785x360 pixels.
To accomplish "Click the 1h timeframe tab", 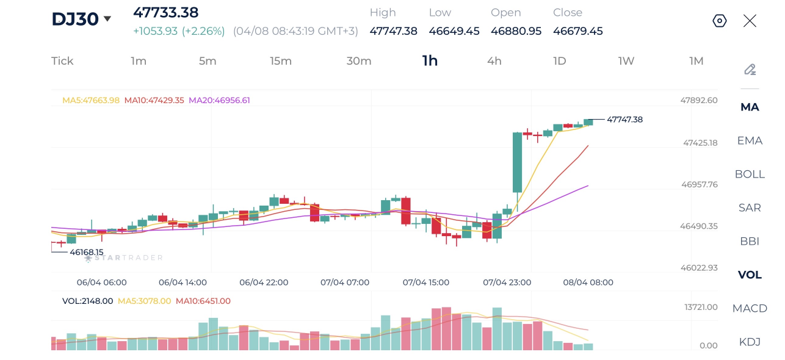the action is (x=430, y=61).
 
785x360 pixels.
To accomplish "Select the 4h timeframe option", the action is (x=494, y=61).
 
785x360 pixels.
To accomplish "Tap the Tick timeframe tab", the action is (x=62, y=61).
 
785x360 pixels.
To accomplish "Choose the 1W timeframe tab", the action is (x=626, y=61).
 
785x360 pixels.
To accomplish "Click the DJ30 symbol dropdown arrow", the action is (x=107, y=18).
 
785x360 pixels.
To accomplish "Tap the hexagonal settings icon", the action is (x=720, y=21).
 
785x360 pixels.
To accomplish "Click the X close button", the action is (x=750, y=21).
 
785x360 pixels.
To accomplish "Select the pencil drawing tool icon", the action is (x=750, y=70).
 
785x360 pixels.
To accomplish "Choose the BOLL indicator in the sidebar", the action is (x=750, y=174).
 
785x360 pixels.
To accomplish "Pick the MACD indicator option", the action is (x=750, y=308).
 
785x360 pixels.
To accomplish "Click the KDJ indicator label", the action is (x=750, y=342).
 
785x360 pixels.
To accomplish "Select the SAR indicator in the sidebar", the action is (x=750, y=207).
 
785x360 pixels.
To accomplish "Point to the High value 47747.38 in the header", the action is (x=393, y=31).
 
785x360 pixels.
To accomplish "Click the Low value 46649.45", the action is (x=454, y=31).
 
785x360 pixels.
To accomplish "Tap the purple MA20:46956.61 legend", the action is (x=219, y=100).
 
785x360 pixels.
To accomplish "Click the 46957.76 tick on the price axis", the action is (x=700, y=184).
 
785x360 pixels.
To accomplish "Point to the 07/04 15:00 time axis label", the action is (x=426, y=283).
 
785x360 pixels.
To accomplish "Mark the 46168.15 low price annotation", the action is (x=87, y=252).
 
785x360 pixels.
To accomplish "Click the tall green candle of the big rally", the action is (x=517, y=162).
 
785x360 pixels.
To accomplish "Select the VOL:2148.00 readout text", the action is (x=88, y=301).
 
